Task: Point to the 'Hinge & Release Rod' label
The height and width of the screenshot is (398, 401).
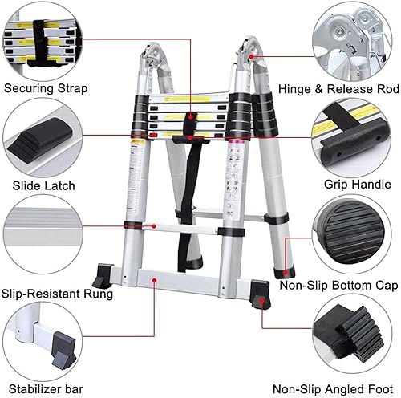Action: click(x=334, y=89)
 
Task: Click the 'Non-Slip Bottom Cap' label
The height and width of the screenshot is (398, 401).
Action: click(x=337, y=284)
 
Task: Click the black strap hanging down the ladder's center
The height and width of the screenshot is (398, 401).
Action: click(x=190, y=201)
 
